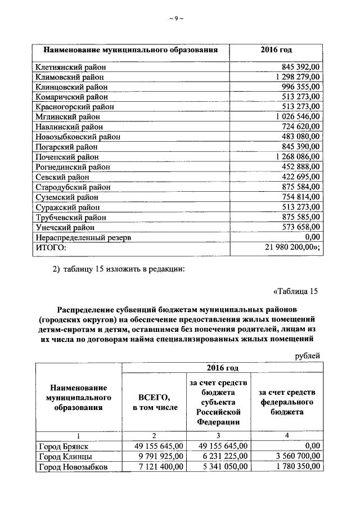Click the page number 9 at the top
pos(176,19)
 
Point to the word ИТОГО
pos(51,247)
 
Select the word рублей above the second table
pos(308,355)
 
